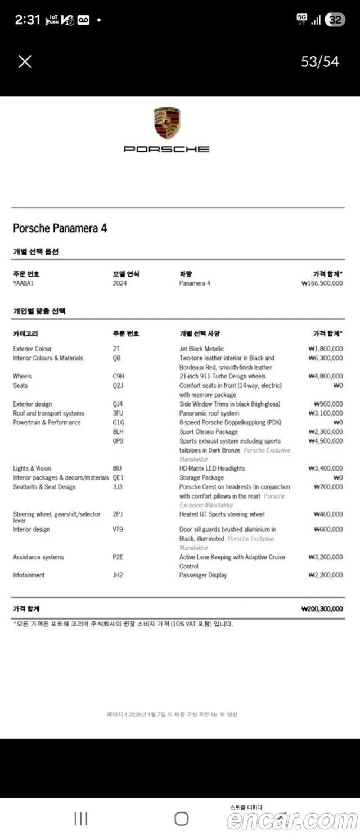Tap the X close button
point(25,61)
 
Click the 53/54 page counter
point(320,61)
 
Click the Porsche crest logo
point(166,124)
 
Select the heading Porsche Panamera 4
point(60,228)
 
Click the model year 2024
point(120,283)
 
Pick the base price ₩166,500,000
point(322,283)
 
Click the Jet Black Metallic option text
point(201,349)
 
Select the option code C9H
point(118,376)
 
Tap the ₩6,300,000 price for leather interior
point(325,358)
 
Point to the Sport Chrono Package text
point(208,432)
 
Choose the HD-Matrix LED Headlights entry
point(212,468)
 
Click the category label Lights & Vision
point(32,468)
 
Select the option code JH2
point(118,575)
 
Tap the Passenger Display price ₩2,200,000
point(325,575)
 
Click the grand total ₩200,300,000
point(322,609)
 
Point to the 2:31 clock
point(28,20)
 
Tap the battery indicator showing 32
point(335,20)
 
